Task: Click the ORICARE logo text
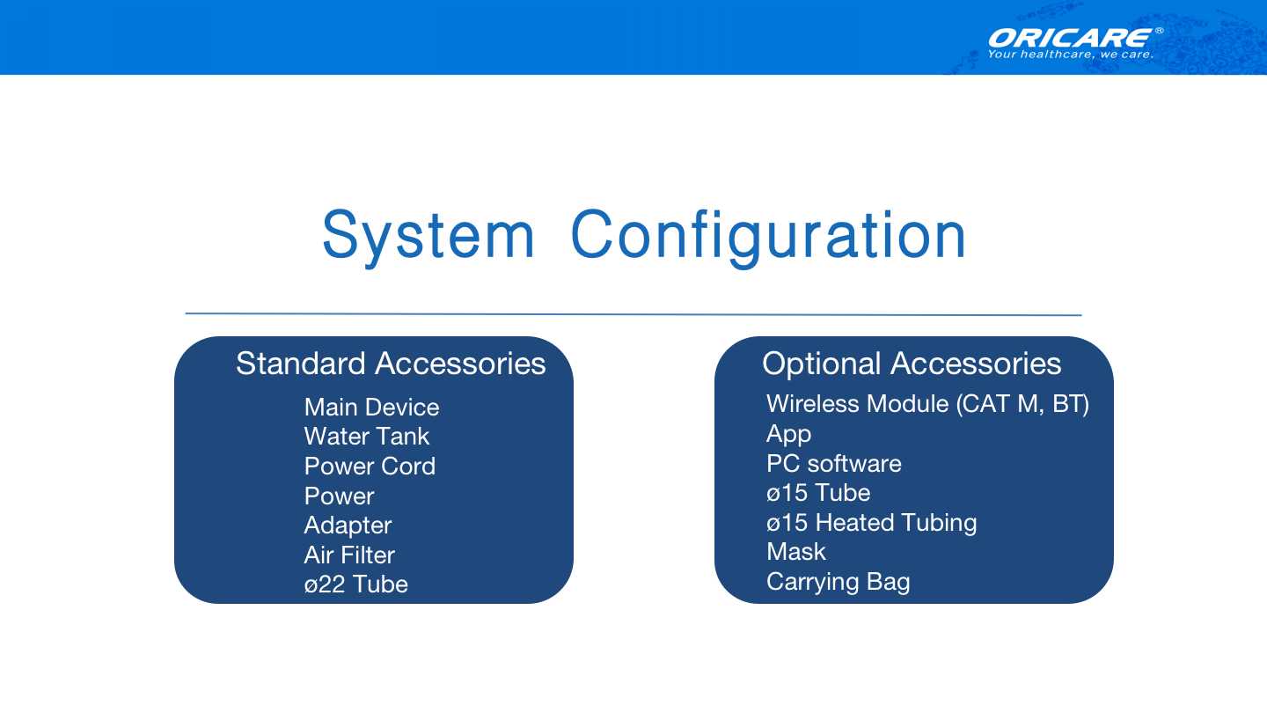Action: [1070, 39]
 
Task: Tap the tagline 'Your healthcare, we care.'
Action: [1070, 55]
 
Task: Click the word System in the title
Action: [428, 237]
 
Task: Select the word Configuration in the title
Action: [768, 237]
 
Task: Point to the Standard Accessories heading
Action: [391, 364]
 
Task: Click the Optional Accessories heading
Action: [912, 364]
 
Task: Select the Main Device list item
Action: [371, 407]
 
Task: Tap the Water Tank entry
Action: [367, 437]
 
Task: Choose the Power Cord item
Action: [370, 467]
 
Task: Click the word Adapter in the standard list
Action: [348, 526]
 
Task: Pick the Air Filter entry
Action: [349, 555]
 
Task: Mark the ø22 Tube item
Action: [355, 584]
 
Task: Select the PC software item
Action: [834, 463]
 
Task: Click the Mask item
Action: [795, 552]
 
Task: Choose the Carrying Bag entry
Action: [839, 583]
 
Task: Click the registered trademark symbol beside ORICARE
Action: [1159, 31]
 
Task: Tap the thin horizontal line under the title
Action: [633, 314]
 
